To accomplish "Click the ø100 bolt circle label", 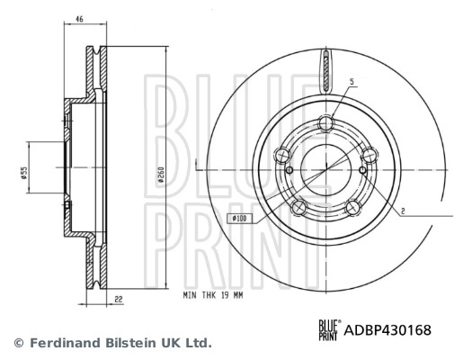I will (240, 218).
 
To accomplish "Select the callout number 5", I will (352, 83).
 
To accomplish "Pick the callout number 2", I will (404, 211).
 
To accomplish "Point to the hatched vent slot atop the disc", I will (325, 67).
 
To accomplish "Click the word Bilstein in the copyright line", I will (126, 343).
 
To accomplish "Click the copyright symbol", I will (17, 343).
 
